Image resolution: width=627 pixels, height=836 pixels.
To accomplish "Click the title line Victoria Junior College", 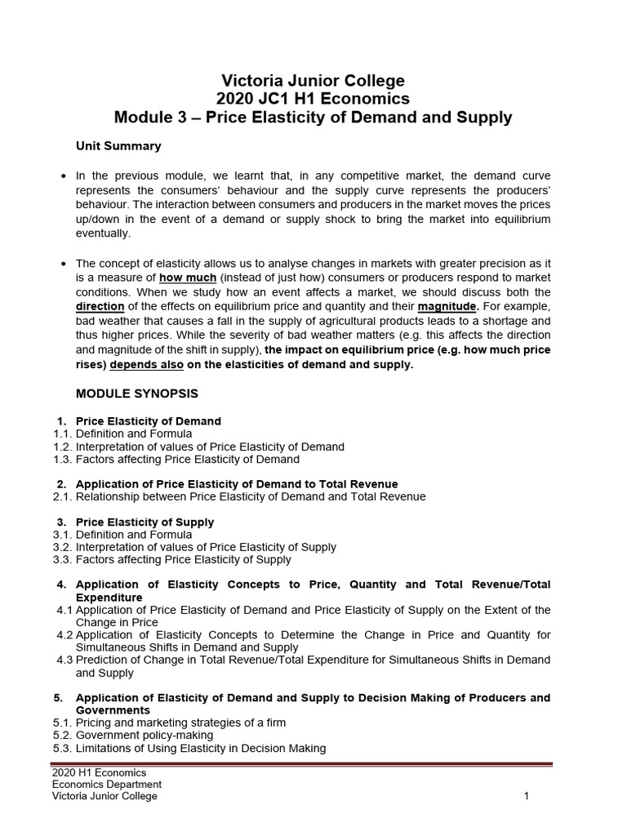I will pyautogui.click(x=313, y=81).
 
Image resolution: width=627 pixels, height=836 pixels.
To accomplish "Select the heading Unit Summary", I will pyautogui.click(x=118, y=146).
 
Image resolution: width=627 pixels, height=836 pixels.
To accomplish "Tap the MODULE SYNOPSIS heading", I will pyautogui.click(x=136, y=393).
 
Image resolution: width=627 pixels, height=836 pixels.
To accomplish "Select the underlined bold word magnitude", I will pyautogui.click(x=448, y=305).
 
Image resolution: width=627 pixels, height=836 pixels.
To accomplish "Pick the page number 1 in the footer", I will pyautogui.click(x=527, y=797).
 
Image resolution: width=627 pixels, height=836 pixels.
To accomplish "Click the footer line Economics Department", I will pyautogui.click(x=106, y=785).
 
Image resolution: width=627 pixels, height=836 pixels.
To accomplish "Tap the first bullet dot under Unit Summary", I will pyautogui.click(x=64, y=176).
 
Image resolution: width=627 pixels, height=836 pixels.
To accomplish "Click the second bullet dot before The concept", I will pyautogui.click(x=64, y=263).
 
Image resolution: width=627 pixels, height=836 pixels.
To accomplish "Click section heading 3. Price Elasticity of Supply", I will pyautogui.click(x=145, y=522).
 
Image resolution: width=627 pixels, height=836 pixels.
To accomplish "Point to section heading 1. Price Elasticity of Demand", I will pyautogui.click(x=148, y=421).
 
